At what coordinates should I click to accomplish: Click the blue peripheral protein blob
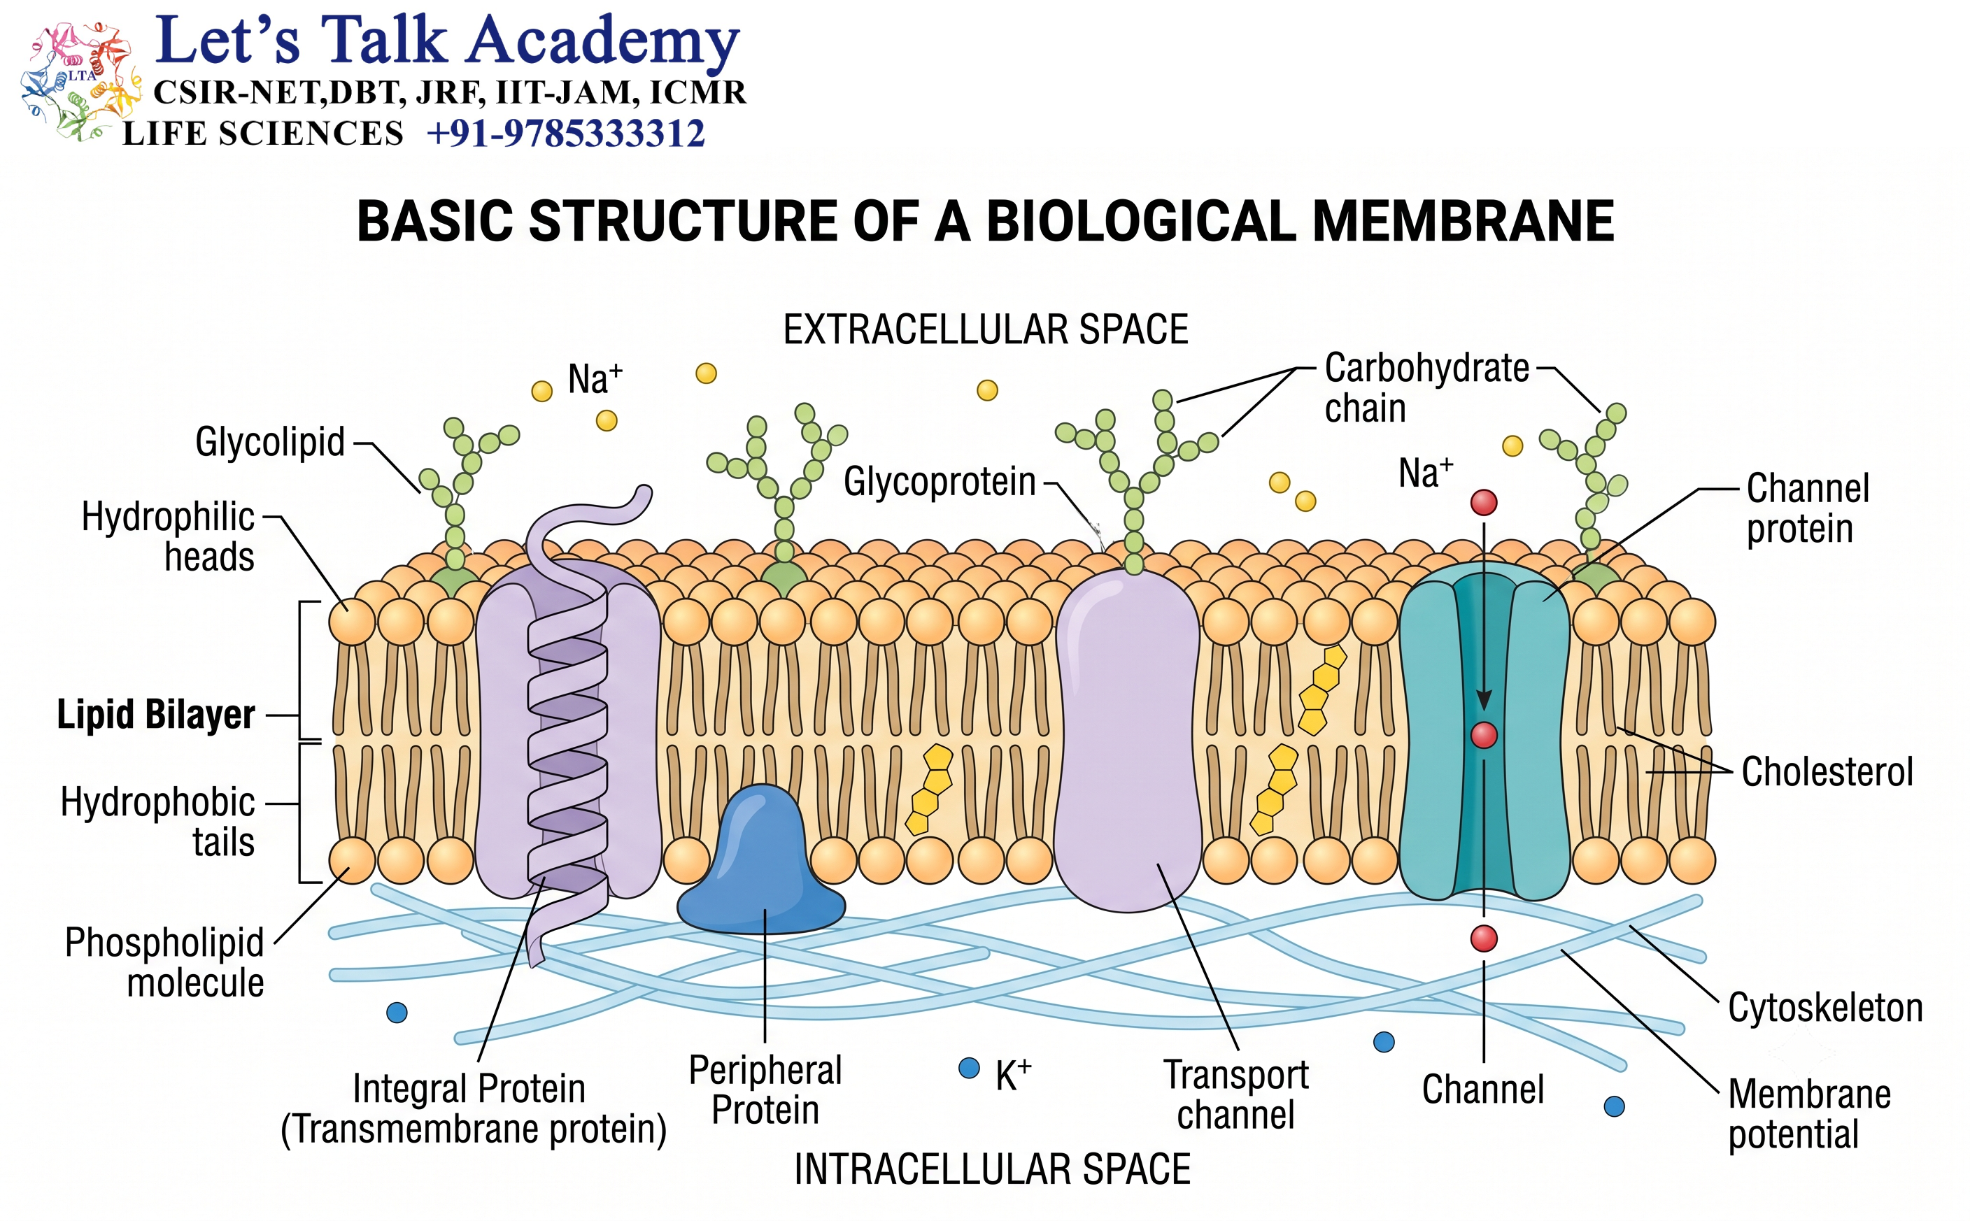tap(761, 864)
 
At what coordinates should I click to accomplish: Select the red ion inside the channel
tap(1484, 735)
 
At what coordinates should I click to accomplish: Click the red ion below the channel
tap(1484, 938)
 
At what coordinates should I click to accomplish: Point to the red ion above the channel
tap(1484, 502)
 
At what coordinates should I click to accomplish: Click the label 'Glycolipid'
tap(270, 442)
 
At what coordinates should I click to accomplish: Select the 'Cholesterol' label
tap(1827, 771)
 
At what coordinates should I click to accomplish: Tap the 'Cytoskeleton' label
tap(1825, 1008)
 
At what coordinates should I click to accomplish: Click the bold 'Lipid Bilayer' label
tap(156, 715)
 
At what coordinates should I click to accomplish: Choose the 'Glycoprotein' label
tap(940, 482)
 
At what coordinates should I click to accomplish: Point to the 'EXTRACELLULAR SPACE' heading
tap(986, 329)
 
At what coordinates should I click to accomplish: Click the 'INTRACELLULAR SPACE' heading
tap(992, 1169)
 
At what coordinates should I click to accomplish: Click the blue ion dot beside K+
tap(968, 1068)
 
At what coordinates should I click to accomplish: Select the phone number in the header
tap(566, 134)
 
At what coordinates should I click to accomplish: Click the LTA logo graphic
tap(79, 80)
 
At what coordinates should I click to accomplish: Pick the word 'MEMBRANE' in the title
tap(1463, 221)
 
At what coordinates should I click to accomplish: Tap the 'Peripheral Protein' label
tap(765, 1090)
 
